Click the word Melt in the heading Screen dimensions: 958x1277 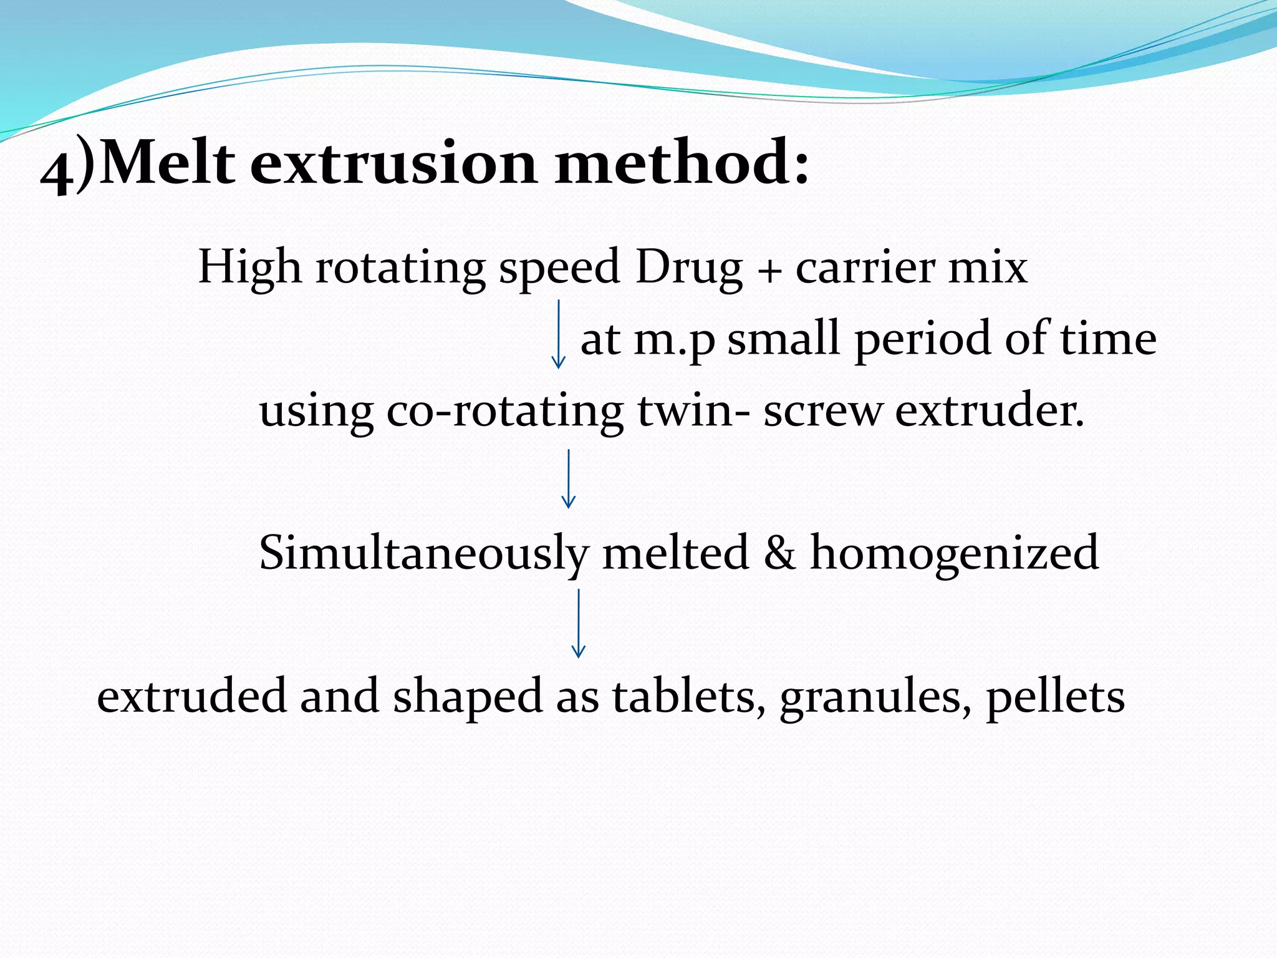click(167, 163)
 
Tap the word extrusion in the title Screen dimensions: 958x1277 click(394, 163)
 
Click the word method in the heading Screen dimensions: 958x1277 click(673, 163)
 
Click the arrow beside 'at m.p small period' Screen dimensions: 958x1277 click(559, 334)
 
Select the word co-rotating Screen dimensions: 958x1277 click(505, 412)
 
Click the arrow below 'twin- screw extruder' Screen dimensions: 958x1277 click(568, 479)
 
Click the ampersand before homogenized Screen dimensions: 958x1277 click(779, 553)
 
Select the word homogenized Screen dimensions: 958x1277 click(954, 554)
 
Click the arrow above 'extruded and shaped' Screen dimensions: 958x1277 click(579, 623)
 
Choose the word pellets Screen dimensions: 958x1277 click(1056, 697)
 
